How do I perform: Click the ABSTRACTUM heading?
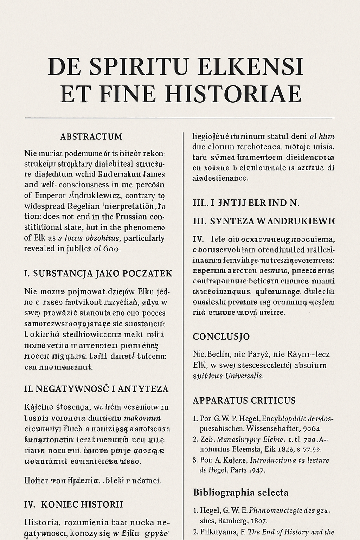pos(91,136)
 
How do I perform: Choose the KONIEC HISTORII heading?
pos(82,504)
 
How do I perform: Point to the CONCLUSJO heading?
pos(221,336)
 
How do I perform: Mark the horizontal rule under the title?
pos(180,118)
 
